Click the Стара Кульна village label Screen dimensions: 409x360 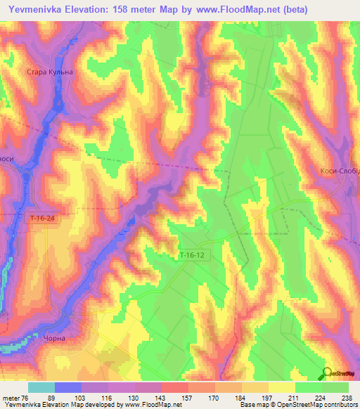pos(49,72)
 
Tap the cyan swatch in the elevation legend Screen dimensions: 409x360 pos(41,387)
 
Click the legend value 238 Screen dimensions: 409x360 pos(347,397)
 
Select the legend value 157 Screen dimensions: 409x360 pos(167,397)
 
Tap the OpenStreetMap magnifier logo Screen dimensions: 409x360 pos(327,373)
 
